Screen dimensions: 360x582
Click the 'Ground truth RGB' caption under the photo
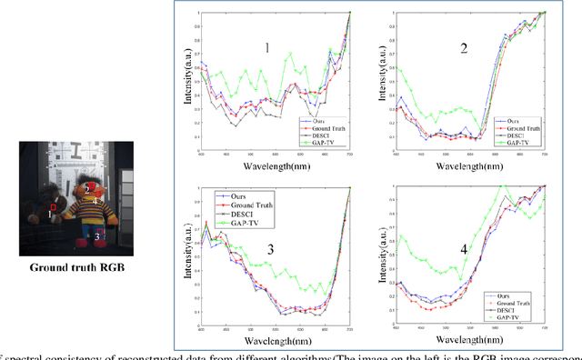[78, 267]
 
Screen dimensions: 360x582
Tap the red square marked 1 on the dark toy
[54, 207]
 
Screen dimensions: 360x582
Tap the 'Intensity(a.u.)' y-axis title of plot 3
[187, 255]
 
